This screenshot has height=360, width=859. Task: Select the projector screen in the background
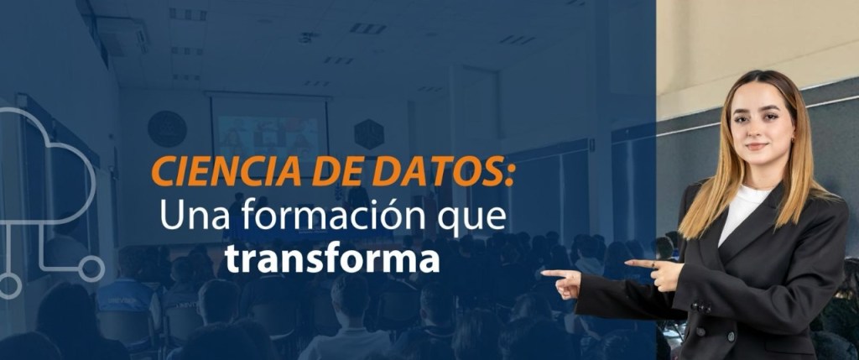(269, 131)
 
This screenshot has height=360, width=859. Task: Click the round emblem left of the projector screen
(167, 128)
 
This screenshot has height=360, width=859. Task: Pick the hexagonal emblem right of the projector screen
(369, 134)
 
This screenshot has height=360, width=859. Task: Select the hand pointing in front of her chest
(653, 273)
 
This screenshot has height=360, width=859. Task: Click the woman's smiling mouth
(757, 146)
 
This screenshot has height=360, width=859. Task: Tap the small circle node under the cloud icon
(91, 269)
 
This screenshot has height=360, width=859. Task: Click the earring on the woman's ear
(789, 140)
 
